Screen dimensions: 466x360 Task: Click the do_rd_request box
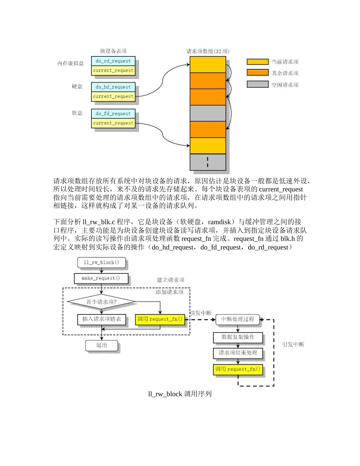[113, 61]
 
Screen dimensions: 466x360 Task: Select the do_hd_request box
[113, 87]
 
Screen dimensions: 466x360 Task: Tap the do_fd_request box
[113, 114]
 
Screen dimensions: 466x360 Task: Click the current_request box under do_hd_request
[113, 97]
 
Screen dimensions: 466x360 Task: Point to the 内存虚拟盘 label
[70, 63]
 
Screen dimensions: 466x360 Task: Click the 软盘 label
[77, 113]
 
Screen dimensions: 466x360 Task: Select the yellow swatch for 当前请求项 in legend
[257, 62]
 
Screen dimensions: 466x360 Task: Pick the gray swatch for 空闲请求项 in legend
[257, 84]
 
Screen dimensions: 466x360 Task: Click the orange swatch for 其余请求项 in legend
[257, 73]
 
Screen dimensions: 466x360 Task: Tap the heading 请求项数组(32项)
[208, 51]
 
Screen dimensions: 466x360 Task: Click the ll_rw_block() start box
[101, 263]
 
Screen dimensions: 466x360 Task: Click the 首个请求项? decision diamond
[101, 302]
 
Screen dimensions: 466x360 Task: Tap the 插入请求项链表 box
[101, 319]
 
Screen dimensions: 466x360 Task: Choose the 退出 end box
[101, 345]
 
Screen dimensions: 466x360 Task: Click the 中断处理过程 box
[238, 319]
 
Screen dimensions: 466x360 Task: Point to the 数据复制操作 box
[238, 337]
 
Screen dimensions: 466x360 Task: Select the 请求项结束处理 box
[238, 353]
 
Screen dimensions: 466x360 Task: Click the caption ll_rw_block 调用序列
[180, 394]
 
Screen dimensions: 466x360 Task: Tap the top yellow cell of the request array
[208, 64]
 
